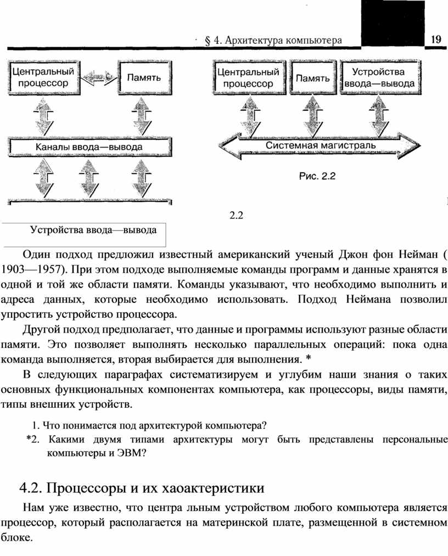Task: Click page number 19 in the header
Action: coord(436,39)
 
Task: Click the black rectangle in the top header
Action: coord(393,24)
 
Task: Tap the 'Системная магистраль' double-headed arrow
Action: coord(320,146)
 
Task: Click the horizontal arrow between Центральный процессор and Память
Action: coord(99,77)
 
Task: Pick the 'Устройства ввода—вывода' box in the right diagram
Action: coord(380,77)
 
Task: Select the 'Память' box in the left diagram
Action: coord(145,78)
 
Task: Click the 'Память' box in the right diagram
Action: coord(313,77)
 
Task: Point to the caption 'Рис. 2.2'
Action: coord(317,176)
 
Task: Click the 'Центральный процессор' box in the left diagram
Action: coord(44,77)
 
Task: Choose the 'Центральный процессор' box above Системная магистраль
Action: coord(249,77)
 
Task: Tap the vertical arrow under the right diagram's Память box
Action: coord(312,116)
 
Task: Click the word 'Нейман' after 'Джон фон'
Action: coord(418,255)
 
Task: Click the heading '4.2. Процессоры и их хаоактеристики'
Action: coord(142,488)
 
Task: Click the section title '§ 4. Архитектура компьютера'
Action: coord(273,41)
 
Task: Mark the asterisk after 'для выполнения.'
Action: coord(308,358)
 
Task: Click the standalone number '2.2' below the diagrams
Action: coord(236,215)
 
